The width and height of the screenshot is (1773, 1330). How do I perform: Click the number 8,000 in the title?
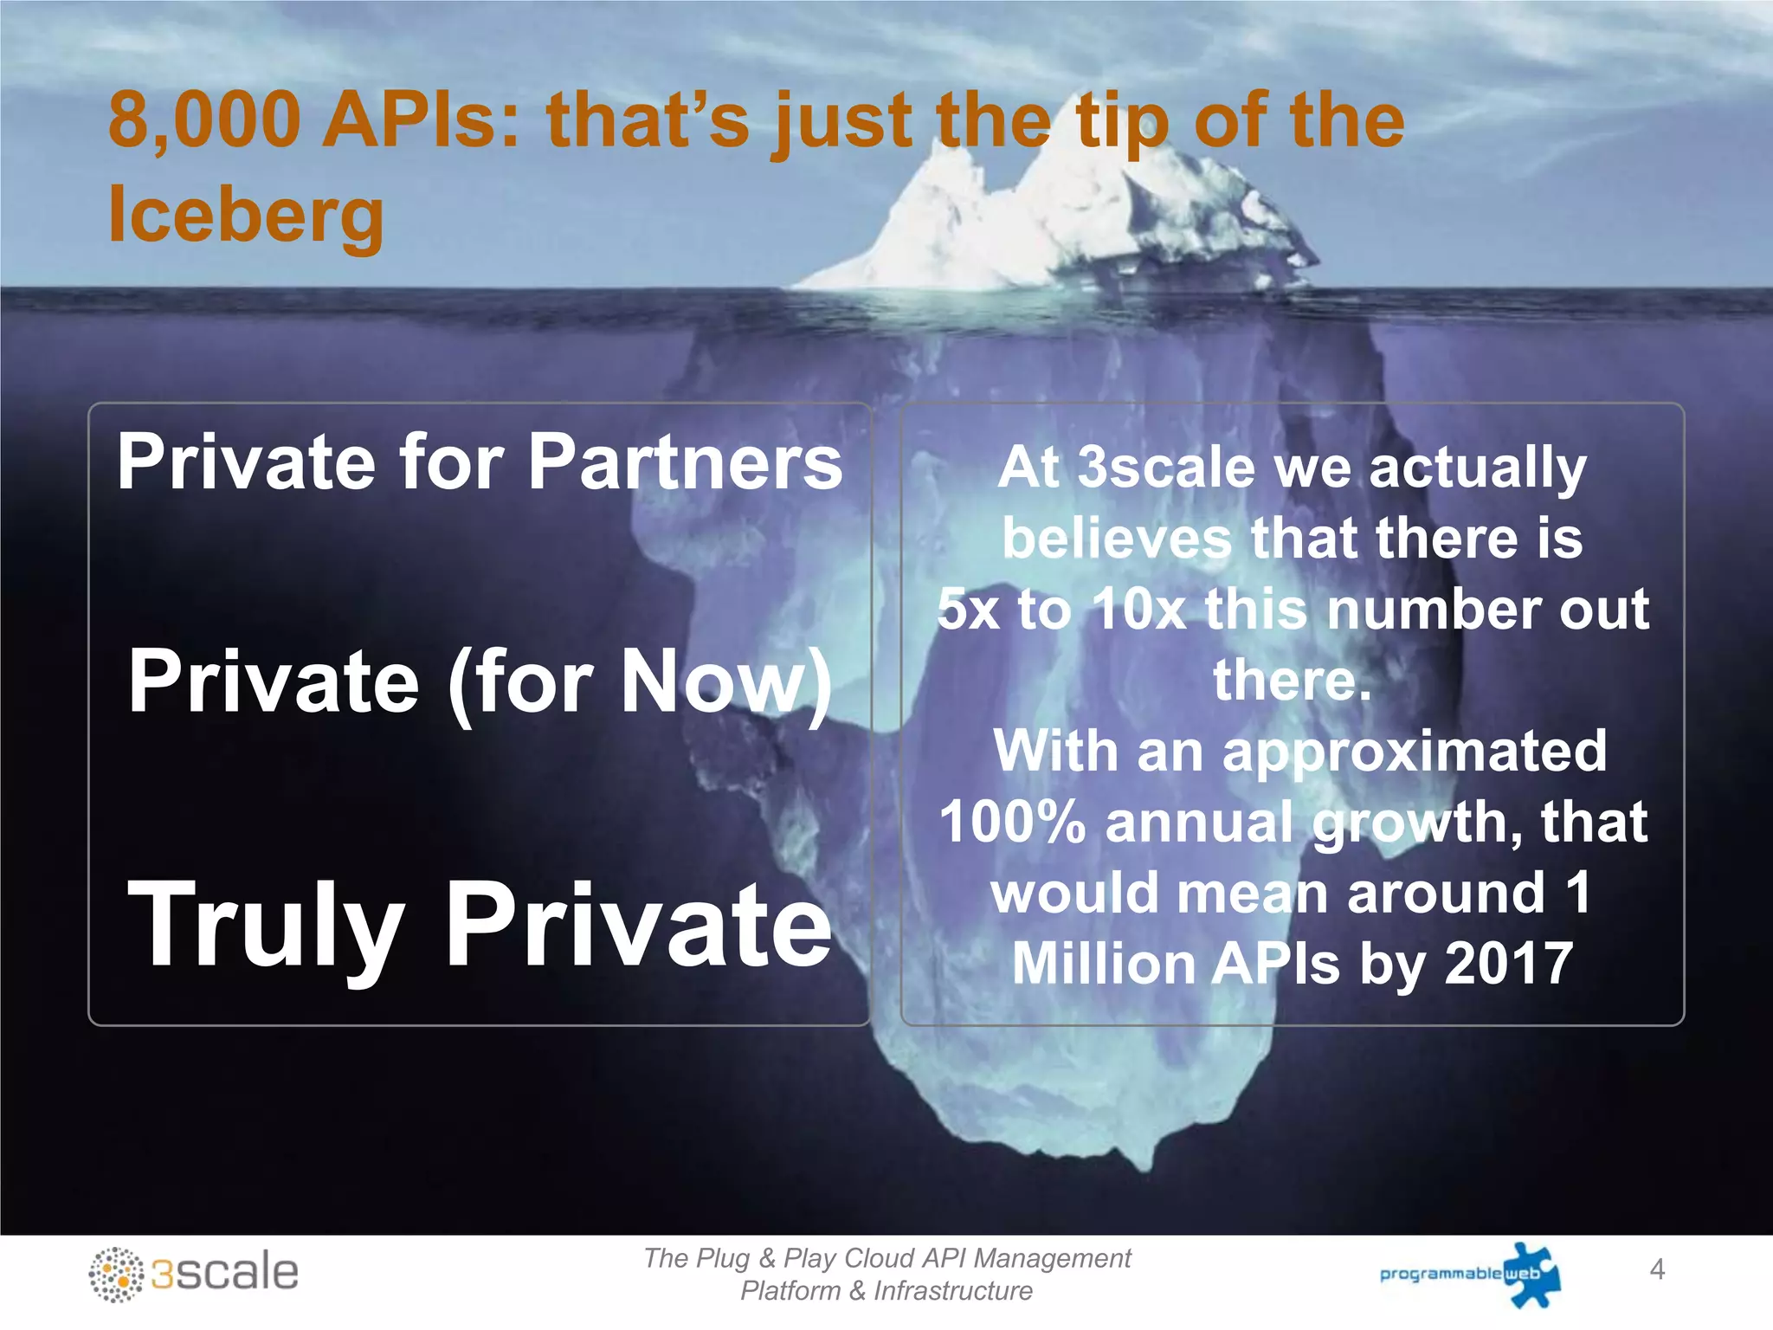tap(204, 121)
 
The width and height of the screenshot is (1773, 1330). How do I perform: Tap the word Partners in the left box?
tap(685, 462)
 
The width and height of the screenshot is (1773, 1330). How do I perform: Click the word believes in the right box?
tap(1117, 539)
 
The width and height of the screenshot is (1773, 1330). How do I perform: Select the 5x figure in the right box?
tap(968, 610)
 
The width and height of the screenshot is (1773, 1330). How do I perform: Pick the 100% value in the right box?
tap(1012, 822)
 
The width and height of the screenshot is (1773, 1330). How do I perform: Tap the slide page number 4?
tap(1657, 1269)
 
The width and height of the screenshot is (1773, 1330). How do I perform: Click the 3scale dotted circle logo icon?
tap(116, 1275)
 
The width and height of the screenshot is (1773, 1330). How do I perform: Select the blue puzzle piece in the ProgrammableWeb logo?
tap(1532, 1274)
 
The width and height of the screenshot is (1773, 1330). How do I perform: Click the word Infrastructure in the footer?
tap(952, 1291)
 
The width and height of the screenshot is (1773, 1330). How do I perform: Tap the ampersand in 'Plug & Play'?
tap(766, 1258)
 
